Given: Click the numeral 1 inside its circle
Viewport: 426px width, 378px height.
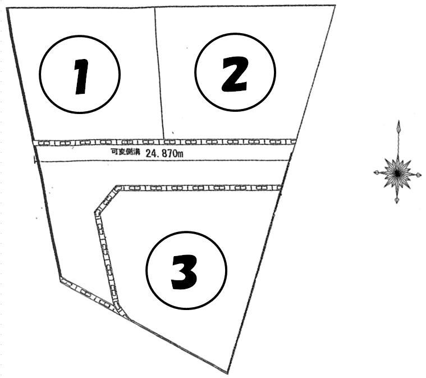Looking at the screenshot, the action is pos(81,77).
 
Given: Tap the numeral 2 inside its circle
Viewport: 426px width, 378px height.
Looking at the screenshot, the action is pos(235,74).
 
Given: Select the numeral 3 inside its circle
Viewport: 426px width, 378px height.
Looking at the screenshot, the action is pos(184,272).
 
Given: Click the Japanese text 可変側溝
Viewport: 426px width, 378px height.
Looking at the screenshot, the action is pos(125,152).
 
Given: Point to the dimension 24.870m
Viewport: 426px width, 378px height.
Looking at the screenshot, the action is pos(164,154).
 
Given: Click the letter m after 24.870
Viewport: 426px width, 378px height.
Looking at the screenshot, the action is pos(180,154).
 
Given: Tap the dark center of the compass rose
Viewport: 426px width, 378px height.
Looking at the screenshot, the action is pos(397,172).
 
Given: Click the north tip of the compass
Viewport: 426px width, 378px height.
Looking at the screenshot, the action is pos(399,120).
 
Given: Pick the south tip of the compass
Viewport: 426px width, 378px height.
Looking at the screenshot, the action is pos(397,202).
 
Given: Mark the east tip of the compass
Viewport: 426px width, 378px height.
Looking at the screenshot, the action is pos(421,175).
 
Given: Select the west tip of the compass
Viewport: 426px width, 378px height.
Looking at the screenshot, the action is pos(374,172).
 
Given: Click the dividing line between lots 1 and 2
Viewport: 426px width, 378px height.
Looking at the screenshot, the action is pos(159,74).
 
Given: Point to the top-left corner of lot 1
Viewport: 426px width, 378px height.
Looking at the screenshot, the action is pos(7,8).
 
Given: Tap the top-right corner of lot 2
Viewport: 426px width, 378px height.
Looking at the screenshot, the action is pos(335,5).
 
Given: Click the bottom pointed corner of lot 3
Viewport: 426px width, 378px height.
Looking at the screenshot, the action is pos(227,373).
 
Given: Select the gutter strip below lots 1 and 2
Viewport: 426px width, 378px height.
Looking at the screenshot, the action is pos(164,142).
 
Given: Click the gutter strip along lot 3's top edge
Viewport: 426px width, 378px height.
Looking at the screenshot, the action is pos(200,188).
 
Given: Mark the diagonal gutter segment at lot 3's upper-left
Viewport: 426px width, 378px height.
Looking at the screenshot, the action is pos(107,199).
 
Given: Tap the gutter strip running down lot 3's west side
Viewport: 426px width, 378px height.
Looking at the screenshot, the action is pos(107,258).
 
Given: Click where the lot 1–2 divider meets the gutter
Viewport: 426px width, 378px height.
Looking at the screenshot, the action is pos(164,139).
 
